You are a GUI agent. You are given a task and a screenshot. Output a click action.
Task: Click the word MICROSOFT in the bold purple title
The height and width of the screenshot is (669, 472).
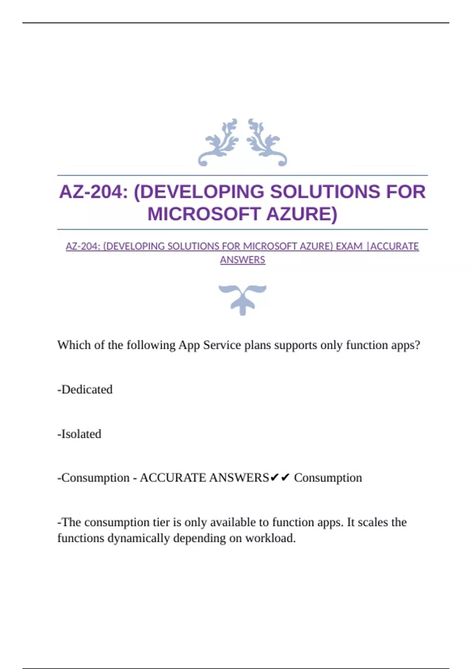204,214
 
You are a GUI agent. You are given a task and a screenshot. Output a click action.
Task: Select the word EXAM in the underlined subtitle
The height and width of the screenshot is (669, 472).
349,246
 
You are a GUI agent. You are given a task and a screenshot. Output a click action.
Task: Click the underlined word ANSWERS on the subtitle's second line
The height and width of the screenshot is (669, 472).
243,260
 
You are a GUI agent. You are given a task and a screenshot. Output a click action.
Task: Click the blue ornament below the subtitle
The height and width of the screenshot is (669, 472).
242,299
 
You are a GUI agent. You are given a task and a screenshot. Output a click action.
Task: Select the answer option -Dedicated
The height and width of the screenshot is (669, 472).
85,390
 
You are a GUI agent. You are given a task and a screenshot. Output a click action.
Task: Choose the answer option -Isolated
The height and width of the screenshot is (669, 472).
79,434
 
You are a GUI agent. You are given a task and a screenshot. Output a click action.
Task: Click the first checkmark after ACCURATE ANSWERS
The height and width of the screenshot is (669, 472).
275,478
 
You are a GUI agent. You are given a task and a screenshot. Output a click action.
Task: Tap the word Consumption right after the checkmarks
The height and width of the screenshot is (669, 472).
328,478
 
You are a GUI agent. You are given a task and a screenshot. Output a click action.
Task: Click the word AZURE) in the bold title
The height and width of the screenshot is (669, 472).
302,214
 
